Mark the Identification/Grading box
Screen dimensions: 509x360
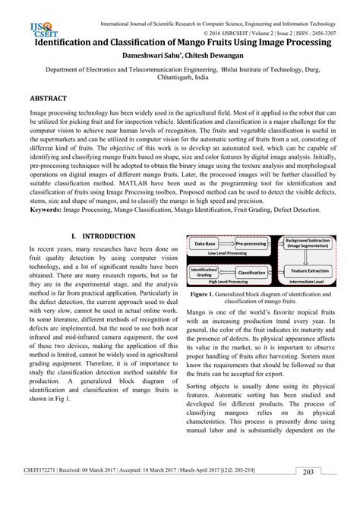204,270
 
